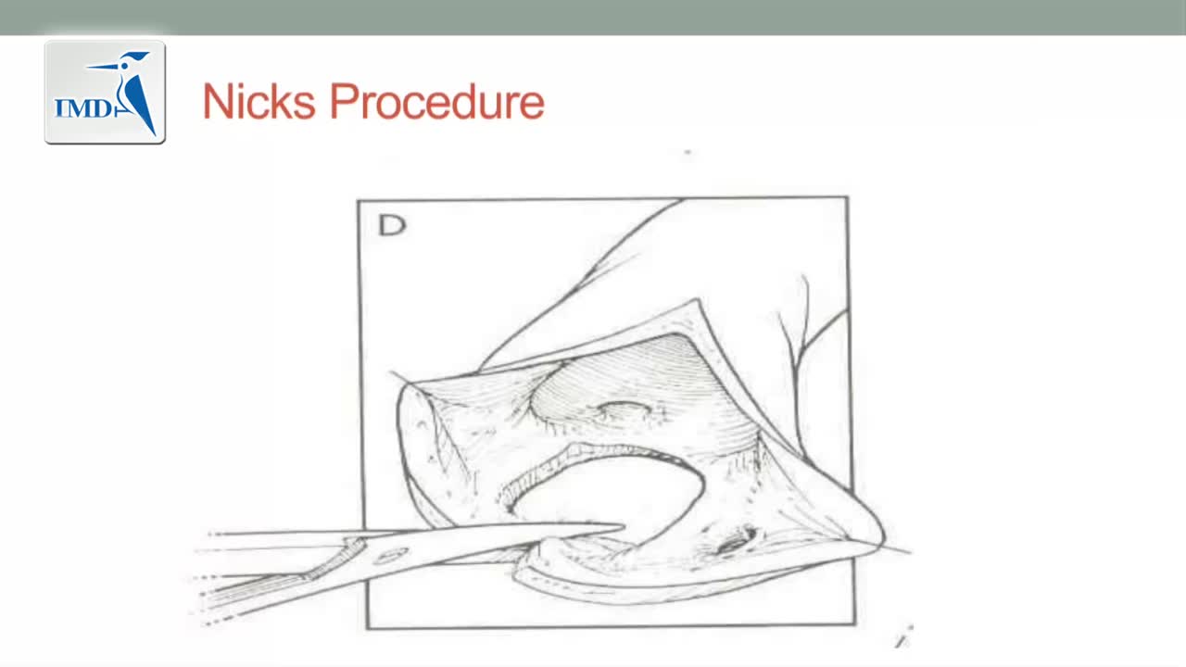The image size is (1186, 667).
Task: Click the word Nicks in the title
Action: click(x=259, y=101)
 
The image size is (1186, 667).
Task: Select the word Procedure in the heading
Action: click(x=437, y=101)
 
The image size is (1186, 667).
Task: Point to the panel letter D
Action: click(x=392, y=224)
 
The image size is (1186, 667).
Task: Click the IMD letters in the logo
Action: click(x=83, y=108)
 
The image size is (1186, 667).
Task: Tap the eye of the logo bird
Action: click(x=125, y=66)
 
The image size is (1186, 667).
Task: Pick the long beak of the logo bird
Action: click(x=103, y=67)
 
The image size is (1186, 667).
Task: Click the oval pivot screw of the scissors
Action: click(x=391, y=555)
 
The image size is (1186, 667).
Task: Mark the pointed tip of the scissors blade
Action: click(x=624, y=526)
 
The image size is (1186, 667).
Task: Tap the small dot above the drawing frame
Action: click(x=688, y=153)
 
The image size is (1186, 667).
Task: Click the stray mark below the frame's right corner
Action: click(x=903, y=637)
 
